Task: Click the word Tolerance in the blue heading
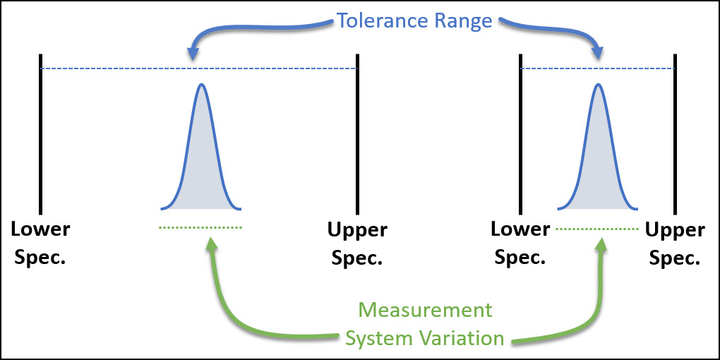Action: (x=382, y=20)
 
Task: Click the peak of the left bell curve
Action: (x=202, y=85)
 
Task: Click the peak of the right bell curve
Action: (x=598, y=85)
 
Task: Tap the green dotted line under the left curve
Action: (x=201, y=227)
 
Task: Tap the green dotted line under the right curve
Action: (x=597, y=229)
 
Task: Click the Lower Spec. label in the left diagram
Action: (x=40, y=243)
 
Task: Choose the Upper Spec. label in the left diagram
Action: (x=357, y=244)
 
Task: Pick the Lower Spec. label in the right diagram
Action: (x=520, y=243)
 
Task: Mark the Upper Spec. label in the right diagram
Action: (x=675, y=244)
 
